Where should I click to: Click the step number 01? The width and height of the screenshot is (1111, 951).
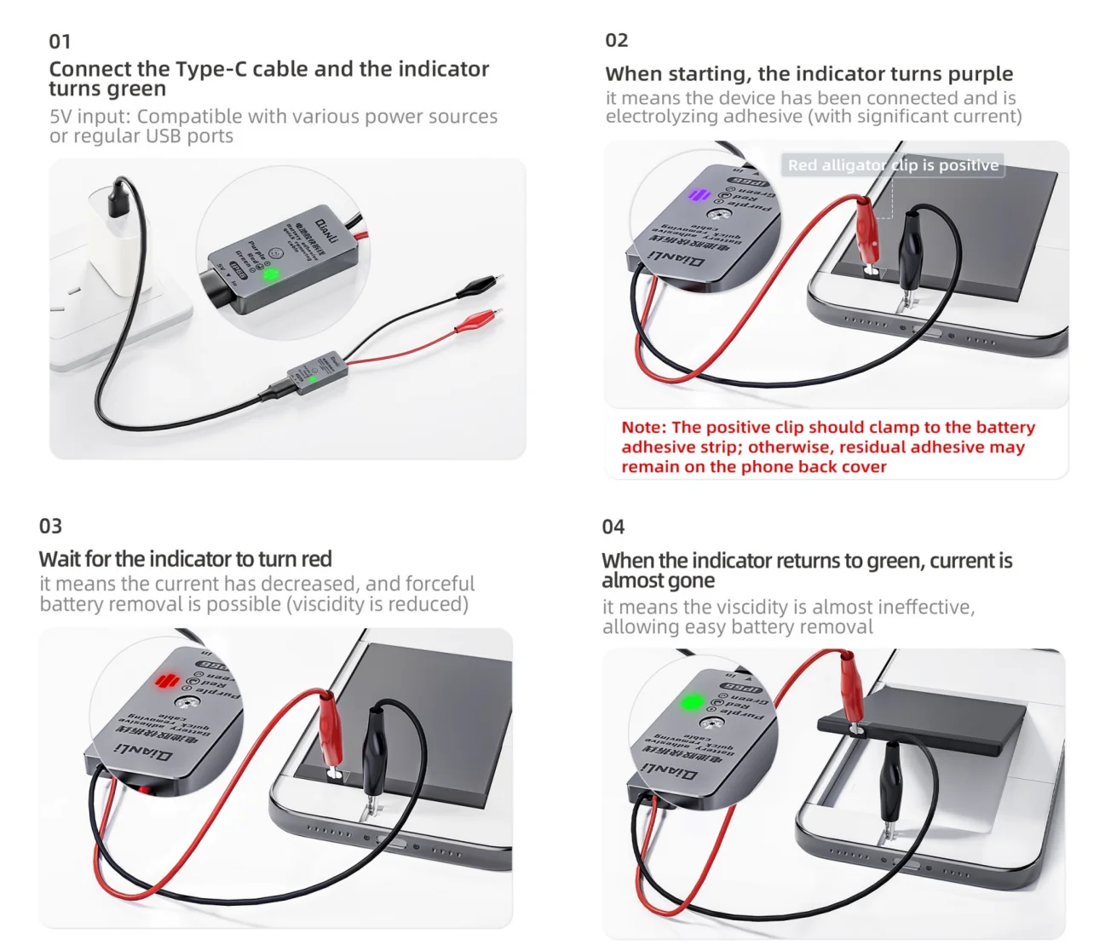coord(60,42)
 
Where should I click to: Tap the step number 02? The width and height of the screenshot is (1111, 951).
coord(616,40)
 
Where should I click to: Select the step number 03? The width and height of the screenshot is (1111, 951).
coord(50,526)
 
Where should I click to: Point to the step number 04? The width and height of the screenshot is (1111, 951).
coord(613,527)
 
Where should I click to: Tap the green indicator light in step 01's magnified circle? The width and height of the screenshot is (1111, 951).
coord(270,274)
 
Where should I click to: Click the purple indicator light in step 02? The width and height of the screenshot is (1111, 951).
coord(699,195)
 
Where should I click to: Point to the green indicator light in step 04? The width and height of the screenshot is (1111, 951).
coord(692,702)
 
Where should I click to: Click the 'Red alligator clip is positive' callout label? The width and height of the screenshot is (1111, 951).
coord(892,165)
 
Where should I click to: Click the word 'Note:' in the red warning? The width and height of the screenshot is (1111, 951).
coord(643,427)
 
